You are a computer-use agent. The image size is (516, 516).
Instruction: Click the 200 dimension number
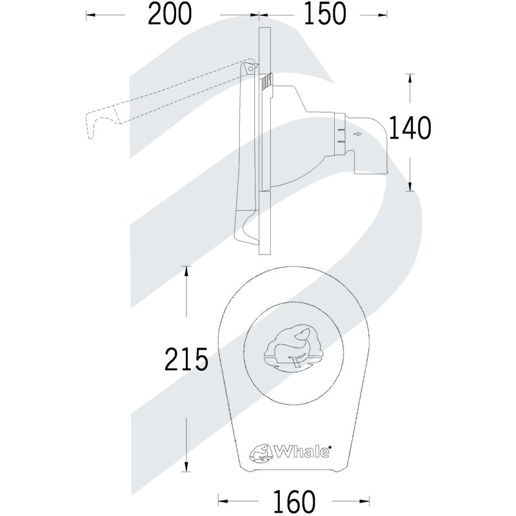170,14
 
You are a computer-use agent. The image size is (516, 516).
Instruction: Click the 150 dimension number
325,14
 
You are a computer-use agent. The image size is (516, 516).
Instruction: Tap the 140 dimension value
410,127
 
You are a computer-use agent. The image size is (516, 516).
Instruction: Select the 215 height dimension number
186,359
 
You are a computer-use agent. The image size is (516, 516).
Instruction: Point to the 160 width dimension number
294,501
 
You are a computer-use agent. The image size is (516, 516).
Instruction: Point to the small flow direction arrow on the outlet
357,134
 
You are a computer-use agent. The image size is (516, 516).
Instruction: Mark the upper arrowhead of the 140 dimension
410,78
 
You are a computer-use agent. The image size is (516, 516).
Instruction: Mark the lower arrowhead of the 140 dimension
410,186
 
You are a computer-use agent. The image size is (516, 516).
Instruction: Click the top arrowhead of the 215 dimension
186,271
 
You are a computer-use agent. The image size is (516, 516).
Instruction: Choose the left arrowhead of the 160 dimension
223,501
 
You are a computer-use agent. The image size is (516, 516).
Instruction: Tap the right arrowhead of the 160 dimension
364,501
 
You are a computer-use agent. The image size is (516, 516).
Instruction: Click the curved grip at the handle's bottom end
246,230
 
